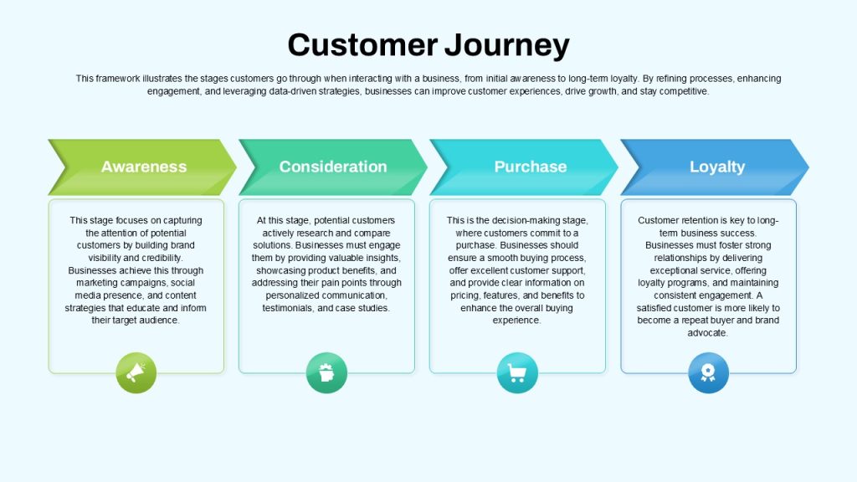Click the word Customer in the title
coord(362,45)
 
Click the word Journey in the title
coord(506,46)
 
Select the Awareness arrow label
coord(144,167)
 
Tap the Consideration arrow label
coord(333,167)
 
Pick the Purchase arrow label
coord(530,167)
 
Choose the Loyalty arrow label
coord(717,167)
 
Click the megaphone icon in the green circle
coord(136,372)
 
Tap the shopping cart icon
coord(517,372)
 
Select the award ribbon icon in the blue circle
coord(708,372)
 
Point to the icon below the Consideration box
coord(326,372)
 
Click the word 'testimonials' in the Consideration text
coord(288,308)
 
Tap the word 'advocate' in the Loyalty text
coord(707,333)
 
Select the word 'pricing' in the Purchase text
coord(464,295)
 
